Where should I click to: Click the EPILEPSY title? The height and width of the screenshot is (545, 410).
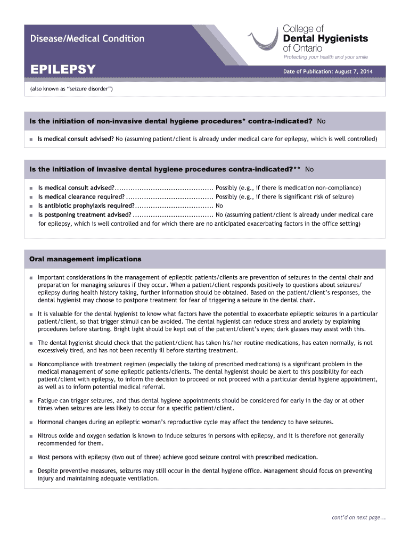tap(63, 70)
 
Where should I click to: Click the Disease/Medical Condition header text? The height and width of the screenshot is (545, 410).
tap(87, 38)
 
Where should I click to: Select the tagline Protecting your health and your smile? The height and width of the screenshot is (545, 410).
tap(325, 57)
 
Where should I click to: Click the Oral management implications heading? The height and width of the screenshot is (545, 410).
tap(85, 259)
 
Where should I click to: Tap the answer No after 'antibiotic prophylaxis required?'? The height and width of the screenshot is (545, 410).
tap(219, 205)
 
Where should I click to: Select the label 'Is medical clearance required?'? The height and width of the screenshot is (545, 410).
tap(81, 196)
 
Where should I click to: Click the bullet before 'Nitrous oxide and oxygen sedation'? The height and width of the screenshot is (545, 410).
tap(31, 436)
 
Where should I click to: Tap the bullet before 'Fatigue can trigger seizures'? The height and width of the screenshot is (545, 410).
tap(31, 401)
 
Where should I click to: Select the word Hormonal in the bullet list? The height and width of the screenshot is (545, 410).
tap(51, 422)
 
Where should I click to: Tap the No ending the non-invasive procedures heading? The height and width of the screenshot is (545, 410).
tap(321, 121)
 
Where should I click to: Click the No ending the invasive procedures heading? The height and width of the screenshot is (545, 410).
tap(309, 169)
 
